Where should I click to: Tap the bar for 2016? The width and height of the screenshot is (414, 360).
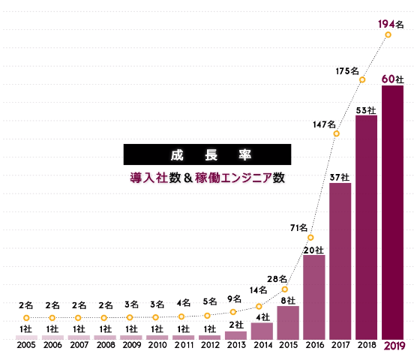(313, 297)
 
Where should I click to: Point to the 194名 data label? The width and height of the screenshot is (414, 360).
(390, 25)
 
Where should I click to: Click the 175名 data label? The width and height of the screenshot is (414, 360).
(347, 71)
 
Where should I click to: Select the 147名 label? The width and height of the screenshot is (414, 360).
(324, 124)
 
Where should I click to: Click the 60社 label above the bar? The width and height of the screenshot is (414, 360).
(393, 78)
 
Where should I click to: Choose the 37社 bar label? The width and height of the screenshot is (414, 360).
(340, 177)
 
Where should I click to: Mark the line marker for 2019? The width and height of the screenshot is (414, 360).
(388, 34)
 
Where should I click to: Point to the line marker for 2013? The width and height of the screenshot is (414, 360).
(233, 312)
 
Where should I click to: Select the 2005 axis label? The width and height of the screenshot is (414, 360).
(26, 346)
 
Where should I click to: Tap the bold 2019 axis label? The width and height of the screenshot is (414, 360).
(393, 346)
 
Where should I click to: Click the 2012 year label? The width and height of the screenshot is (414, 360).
(209, 346)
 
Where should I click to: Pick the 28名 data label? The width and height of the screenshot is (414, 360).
(277, 279)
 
